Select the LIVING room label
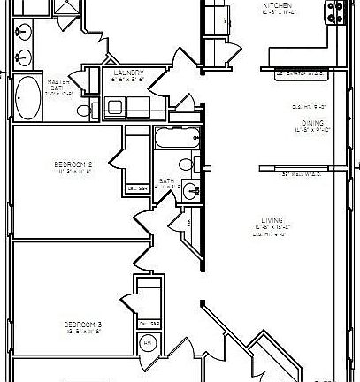pyautogui.click(x=259, y=219)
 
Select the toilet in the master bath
pyautogui.click(x=85, y=111)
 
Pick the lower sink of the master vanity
pyautogui.click(x=24, y=57)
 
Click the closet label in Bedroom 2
pyautogui.click(x=137, y=188)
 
